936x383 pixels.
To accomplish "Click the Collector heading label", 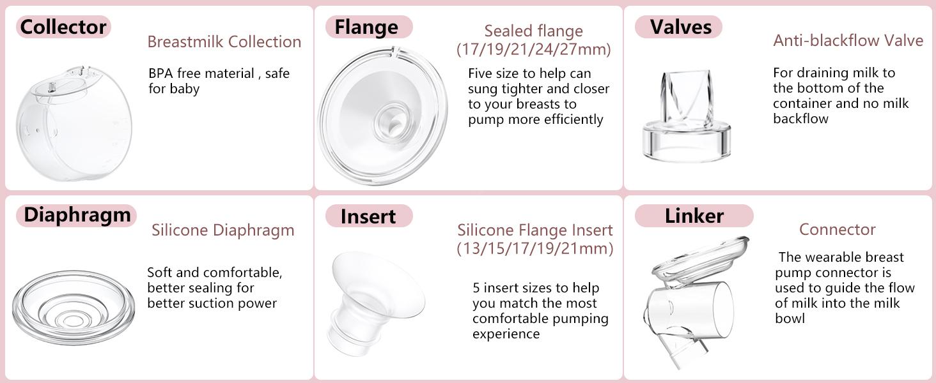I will tap(63, 27).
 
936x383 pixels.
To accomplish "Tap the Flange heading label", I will tap(366, 27).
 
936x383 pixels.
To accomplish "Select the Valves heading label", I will tap(680, 27).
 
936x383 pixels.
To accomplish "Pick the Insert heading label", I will tap(368, 216).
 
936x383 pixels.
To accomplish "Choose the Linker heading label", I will tap(694, 216).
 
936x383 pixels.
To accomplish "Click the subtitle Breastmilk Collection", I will tap(224, 42).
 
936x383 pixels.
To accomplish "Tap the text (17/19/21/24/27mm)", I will tap(533, 49).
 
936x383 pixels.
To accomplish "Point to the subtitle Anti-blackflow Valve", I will tap(848, 41).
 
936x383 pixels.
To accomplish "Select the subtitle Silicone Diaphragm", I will tap(222, 230).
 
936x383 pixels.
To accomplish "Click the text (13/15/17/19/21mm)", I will tap(534, 248).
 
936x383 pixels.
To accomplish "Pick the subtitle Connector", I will tap(837, 229).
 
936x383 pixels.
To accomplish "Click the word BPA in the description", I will tap(160, 73).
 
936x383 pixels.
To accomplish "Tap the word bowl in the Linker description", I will tap(790, 318).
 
